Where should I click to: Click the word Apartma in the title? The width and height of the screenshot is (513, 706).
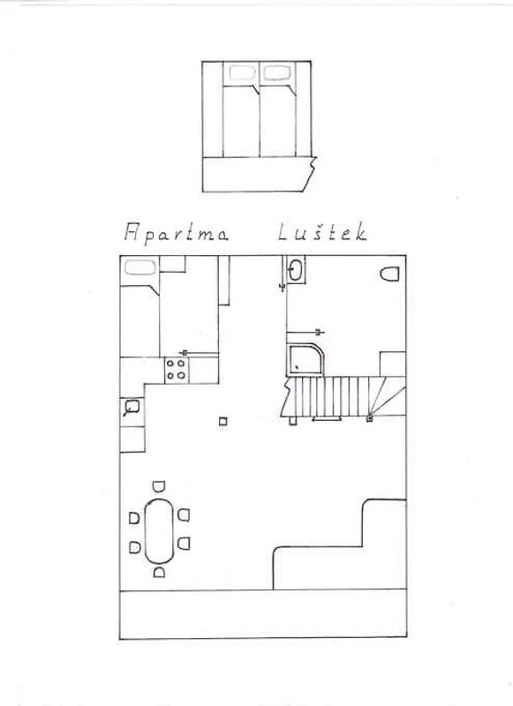(x=176, y=234)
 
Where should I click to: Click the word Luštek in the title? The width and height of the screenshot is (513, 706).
(x=322, y=232)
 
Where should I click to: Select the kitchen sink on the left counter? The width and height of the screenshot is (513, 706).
(x=132, y=408)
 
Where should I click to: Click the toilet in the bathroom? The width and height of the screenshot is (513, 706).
(x=390, y=274)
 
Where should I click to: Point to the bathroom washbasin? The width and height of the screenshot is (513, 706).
(x=296, y=270)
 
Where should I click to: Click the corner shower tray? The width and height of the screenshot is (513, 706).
(x=306, y=360)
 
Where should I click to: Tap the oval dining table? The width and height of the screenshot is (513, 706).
(x=159, y=531)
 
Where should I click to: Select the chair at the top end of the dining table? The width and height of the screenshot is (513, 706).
(x=159, y=486)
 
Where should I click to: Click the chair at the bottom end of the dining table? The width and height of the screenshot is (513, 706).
(x=159, y=572)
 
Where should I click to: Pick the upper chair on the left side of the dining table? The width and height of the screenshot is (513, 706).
(x=134, y=518)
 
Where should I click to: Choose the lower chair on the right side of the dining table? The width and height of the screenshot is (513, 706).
(x=184, y=544)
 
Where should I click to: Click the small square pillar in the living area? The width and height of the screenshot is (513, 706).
(x=223, y=422)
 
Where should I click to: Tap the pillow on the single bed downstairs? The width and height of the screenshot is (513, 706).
(x=140, y=267)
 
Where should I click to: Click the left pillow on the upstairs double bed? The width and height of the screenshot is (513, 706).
(x=242, y=73)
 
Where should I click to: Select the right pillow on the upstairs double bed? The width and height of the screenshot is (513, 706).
(x=276, y=73)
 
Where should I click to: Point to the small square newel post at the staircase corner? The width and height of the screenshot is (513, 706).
(x=370, y=418)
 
